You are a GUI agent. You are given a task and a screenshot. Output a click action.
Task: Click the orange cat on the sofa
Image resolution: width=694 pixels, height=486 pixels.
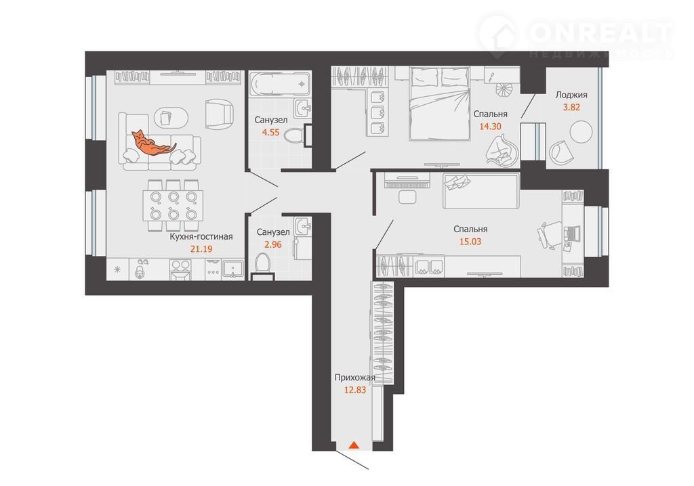(152, 143)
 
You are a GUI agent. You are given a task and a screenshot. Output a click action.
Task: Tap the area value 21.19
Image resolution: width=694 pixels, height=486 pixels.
(201, 248)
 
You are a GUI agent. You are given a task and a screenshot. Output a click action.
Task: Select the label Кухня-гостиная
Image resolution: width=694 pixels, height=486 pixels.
(201, 237)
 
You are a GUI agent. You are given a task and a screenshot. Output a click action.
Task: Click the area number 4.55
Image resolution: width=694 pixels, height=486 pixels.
(271, 132)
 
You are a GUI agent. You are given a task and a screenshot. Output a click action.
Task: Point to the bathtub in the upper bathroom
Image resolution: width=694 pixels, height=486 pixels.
(280, 84)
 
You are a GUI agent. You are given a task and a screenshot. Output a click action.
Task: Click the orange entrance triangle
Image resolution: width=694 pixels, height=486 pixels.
(354, 445)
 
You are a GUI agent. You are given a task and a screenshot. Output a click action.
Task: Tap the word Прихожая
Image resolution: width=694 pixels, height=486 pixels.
(355, 378)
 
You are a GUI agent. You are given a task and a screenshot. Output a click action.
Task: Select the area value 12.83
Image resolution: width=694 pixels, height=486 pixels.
(355, 390)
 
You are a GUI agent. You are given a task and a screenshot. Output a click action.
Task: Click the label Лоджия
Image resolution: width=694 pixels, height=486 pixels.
(571, 95)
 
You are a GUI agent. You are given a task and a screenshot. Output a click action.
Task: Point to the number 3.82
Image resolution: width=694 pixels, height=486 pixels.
(571, 107)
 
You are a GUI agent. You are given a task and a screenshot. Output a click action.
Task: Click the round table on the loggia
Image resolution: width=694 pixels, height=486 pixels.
(581, 132)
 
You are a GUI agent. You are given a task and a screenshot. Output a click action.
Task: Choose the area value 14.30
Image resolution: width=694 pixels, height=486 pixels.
(491, 126)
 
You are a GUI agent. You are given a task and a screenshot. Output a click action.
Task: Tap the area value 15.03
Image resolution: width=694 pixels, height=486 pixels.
(470, 242)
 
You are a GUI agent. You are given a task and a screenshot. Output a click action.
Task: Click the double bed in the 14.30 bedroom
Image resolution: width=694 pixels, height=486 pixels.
(439, 104)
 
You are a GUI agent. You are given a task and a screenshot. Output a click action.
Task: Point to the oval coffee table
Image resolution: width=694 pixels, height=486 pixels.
(171, 118)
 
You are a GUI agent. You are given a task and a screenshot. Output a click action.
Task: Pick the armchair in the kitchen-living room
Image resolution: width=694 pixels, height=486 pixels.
(219, 114)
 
